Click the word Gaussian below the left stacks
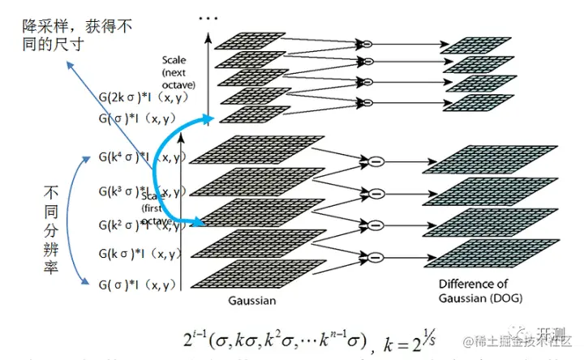(x=251, y=301)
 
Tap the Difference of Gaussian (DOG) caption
(x=480, y=290)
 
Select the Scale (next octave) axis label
(x=178, y=72)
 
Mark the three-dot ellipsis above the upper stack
(x=208, y=17)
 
